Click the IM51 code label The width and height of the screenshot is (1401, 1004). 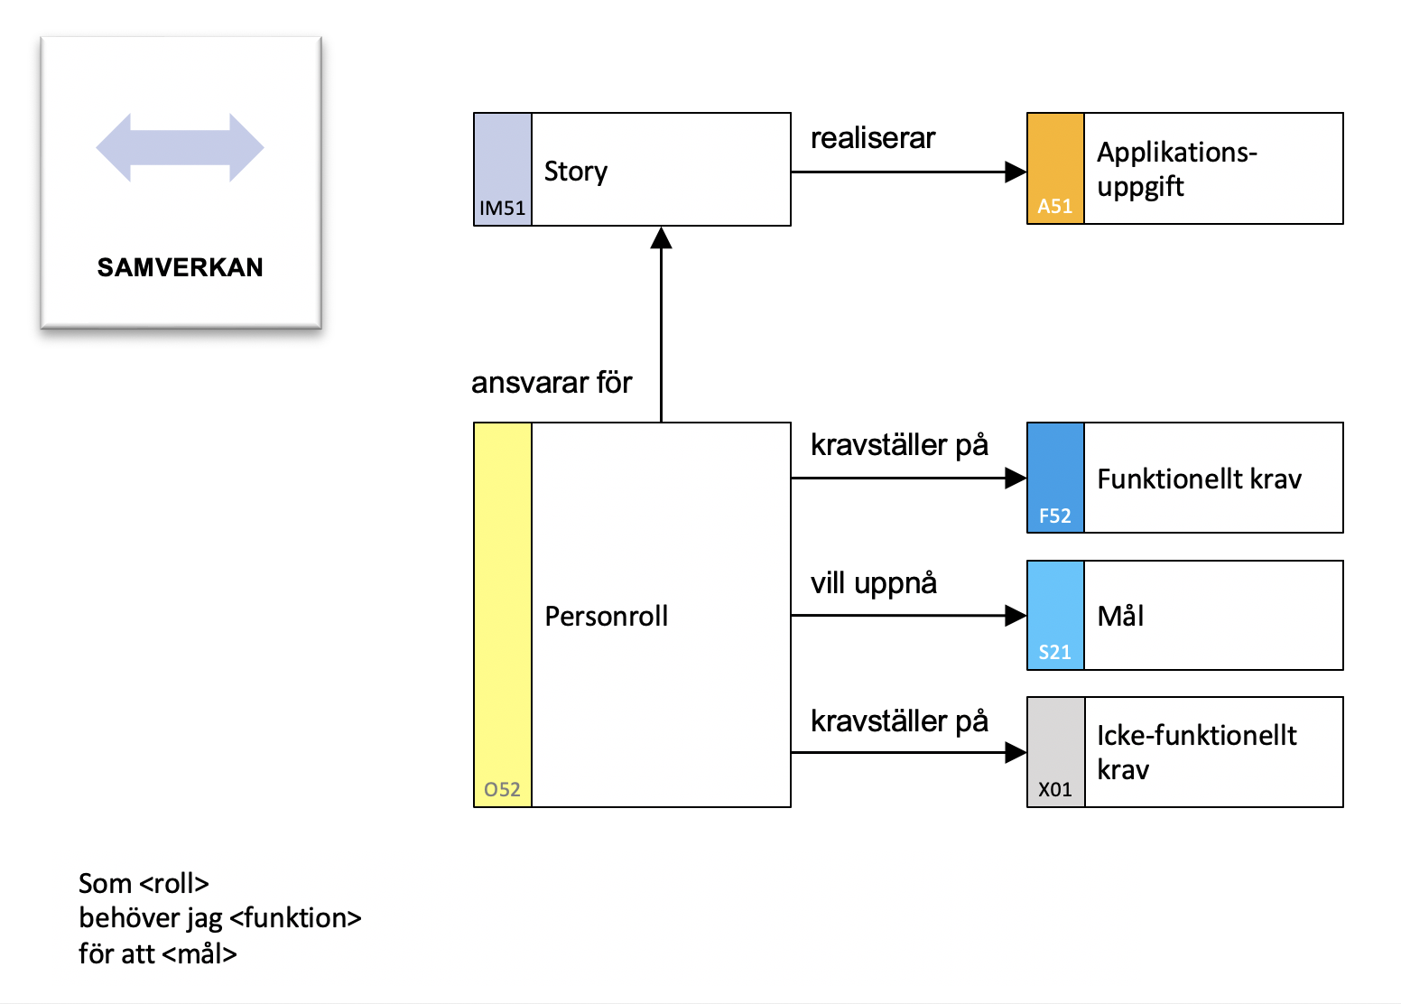[502, 208]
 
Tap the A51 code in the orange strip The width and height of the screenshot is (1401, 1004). [1054, 206]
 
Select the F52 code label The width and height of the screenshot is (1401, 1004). [1054, 516]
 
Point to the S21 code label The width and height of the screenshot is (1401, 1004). [1054, 653]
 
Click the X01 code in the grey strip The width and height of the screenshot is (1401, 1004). [1054, 789]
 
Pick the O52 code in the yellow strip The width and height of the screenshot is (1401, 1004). [502, 789]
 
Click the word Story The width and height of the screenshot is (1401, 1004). [575, 172]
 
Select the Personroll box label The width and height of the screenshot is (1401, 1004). [606, 616]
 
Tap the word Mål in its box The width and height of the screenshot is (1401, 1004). [1120, 615]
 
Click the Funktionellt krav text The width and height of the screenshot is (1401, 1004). [1199, 479]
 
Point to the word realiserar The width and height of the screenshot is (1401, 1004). [873, 138]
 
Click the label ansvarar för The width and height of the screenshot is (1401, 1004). [551, 382]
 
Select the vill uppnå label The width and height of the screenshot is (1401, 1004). [873, 583]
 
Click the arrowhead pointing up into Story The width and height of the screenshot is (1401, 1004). [661, 237]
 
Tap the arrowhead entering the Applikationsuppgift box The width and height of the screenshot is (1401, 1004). [1016, 172]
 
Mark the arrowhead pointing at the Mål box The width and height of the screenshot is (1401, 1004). [1016, 616]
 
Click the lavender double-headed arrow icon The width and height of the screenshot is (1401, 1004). [181, 148]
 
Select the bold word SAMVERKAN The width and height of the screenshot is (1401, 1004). [181, 267]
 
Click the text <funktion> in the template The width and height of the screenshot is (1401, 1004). [295, 918]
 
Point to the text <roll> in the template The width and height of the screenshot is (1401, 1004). [174, 883]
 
